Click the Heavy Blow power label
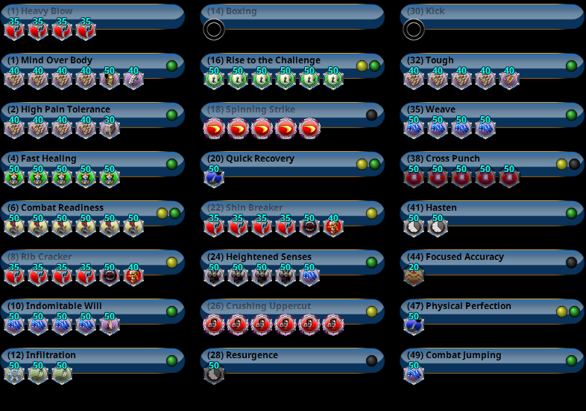(x=40, y=11)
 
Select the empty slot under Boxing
(x=214, y=30)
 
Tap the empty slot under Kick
(x=414, y=30)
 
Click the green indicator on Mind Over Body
(x=171, y=66)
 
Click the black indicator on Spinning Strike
(x=371, y=115)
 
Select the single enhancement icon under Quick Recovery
(x=214, y=177)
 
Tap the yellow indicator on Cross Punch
(x=561, y=164)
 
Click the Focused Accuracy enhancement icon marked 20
(x=414, y=275)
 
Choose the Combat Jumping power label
(x=463, y=355)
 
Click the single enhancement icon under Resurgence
(x=214, y=374)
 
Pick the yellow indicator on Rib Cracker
(x=171, y=262)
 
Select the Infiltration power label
(x=48, y=355)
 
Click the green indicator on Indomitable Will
(x=171, y=311)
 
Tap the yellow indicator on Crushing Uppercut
(x=371, y=311)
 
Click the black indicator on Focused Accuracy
(x=571, y=262)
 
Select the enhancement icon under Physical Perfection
(x=414, y=325)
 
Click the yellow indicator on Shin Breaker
(x=371, y=213)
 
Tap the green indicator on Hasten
(x=571, y=213)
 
